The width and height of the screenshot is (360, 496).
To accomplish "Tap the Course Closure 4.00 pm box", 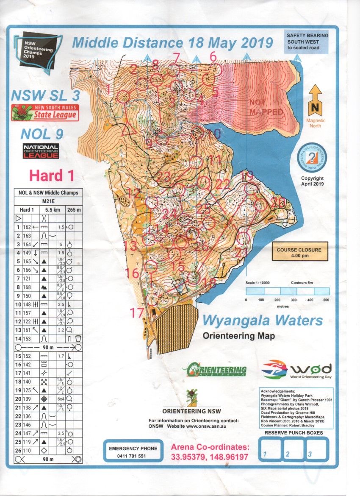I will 299,253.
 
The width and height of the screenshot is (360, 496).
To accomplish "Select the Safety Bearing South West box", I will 306,42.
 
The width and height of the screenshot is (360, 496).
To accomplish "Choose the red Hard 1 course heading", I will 52,175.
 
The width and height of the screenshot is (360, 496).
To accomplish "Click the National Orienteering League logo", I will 41,150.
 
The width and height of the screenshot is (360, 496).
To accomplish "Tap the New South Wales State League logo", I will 44,113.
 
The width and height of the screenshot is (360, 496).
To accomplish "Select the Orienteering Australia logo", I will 215,369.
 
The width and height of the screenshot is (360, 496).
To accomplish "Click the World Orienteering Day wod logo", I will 297,370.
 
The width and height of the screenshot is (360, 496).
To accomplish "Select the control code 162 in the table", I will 27,227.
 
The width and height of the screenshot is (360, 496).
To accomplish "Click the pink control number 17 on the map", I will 137,313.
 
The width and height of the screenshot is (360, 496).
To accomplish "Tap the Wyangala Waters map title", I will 262,321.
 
